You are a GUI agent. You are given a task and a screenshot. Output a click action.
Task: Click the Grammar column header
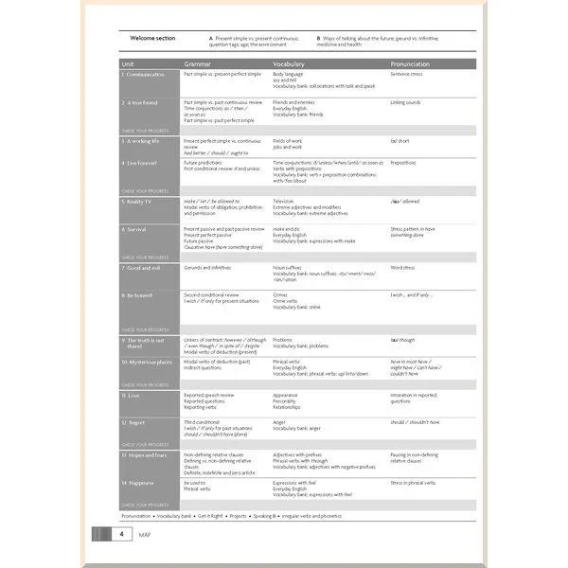click(x=197, y=63)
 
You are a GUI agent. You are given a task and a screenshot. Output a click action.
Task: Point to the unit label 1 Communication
click(x=143, y=73)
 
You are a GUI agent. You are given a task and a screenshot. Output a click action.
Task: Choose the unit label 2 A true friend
click(x=141, y=101)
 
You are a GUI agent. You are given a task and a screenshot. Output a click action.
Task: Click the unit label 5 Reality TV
click(x=138, y=201)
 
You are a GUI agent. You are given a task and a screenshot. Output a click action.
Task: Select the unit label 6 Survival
click(x=135, y=228)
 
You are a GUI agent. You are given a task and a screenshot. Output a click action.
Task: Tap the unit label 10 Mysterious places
click(x=147, y=361)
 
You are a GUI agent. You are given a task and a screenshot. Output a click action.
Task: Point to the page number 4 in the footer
click(x=121, y=534)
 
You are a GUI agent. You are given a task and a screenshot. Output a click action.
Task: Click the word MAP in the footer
click(x=145, y=534)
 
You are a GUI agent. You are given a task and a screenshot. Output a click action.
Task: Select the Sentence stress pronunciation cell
click(x=408, y=73)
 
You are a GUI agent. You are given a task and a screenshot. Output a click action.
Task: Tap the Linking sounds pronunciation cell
click(x=406, y=101)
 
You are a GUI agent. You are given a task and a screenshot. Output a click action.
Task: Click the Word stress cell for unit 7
click(x=402, y=267)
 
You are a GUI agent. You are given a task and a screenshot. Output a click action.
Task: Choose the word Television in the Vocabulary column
click(x=283, y=201)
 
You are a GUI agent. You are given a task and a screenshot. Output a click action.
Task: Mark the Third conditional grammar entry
click(x=202, y=421)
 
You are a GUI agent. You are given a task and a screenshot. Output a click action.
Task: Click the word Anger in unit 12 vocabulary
click(x=279, y=421)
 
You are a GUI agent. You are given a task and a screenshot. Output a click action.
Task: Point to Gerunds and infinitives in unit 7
click(x=207, y=267)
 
